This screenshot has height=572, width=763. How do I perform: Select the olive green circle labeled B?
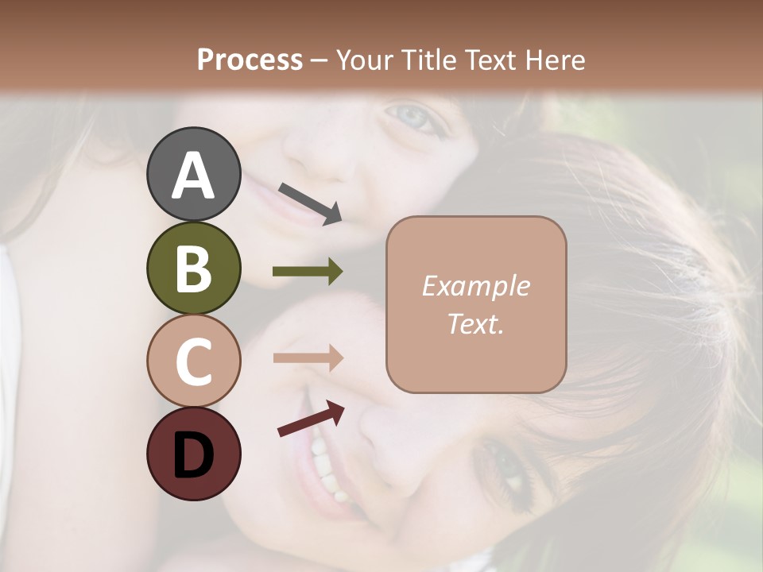193,268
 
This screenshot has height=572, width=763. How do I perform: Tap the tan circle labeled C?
193,361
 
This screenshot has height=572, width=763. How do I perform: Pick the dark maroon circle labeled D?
193,454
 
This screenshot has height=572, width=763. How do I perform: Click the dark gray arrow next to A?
310,203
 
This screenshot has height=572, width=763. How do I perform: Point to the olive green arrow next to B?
308,272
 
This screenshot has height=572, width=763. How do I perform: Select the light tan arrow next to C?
308,358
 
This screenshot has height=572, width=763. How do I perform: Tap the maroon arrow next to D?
311,419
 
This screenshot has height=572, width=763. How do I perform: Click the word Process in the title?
250,60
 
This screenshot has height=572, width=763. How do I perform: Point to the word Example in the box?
475,286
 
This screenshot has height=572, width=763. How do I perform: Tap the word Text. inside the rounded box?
475,323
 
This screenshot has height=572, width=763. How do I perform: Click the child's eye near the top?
414,118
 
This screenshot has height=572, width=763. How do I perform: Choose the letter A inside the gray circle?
193,176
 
